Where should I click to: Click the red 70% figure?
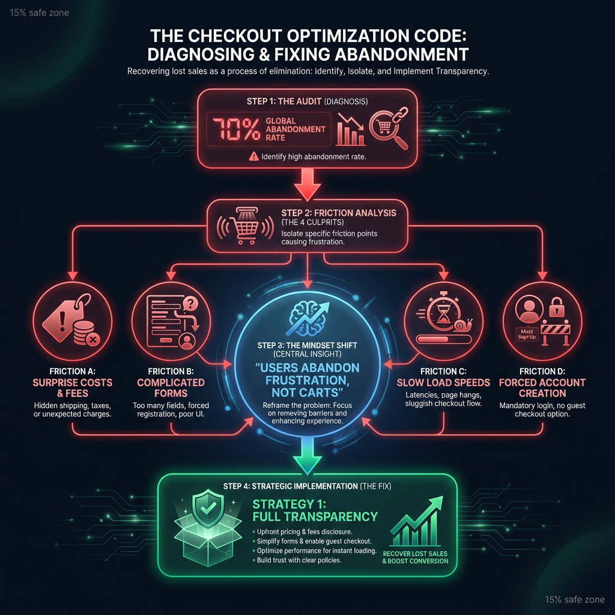coord(237,129)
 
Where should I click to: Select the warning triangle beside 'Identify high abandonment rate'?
coord(254,157)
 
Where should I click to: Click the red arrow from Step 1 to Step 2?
coord(307,184)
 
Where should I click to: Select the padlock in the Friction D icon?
coord(557,307)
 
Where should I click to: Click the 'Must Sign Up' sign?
coord(527,334)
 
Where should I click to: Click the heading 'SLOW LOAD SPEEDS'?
coord(443,383)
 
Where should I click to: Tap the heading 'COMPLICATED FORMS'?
coord(171,388)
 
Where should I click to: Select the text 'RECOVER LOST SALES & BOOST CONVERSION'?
coord(416,557)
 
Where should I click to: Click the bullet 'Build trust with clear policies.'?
coord(299,560)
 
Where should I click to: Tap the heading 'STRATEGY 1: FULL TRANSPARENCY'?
coord(315,510)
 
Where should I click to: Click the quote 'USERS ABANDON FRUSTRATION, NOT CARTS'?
coord(307,380)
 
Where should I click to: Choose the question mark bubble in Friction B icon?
coord(190,303)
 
